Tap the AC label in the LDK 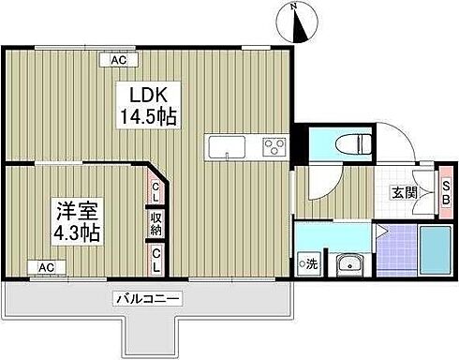[x=119, y=60]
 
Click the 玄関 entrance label [x=405, y=194]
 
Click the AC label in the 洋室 [x=45, y=267]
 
